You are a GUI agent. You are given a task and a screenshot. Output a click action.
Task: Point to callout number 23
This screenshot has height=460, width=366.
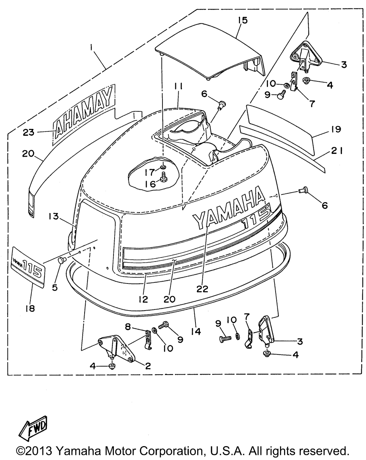pyautogui.click(x=29, y=132)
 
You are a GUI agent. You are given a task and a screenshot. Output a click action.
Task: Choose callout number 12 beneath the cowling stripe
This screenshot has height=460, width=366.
pyautogui.click(x=143, y=299)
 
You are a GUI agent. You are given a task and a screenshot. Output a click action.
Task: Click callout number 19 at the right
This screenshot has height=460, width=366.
pyautogui.click(x=336, y=129)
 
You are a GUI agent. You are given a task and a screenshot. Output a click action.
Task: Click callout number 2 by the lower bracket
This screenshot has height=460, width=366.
pyautogui.click(x=148, y=366)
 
